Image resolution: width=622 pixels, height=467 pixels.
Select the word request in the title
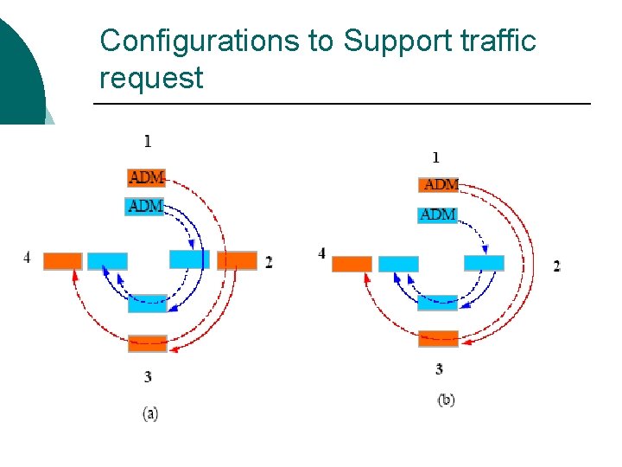151,78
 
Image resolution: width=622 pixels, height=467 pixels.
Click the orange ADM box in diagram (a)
146,177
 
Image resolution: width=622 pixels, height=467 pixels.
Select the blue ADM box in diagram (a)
145,206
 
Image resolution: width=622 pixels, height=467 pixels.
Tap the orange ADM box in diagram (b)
439,184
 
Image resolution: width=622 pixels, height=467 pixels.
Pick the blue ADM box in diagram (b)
438,214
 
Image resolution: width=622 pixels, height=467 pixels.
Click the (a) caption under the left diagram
150,413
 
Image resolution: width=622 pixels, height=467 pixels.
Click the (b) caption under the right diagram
446,400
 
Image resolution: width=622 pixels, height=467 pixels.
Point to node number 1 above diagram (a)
148,140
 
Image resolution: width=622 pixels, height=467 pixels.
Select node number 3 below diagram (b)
439,369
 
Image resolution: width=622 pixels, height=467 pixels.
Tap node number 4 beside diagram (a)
28,258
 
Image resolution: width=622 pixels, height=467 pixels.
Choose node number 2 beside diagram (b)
556,265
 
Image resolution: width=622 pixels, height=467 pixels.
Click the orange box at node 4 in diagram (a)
62,260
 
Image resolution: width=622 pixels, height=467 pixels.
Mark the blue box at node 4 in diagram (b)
398,264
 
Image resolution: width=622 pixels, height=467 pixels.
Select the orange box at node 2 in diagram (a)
237,260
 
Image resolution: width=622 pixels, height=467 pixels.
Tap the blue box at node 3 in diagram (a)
147,304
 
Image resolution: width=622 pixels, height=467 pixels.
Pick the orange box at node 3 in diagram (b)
438,338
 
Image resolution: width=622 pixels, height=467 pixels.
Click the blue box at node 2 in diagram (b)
484,263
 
